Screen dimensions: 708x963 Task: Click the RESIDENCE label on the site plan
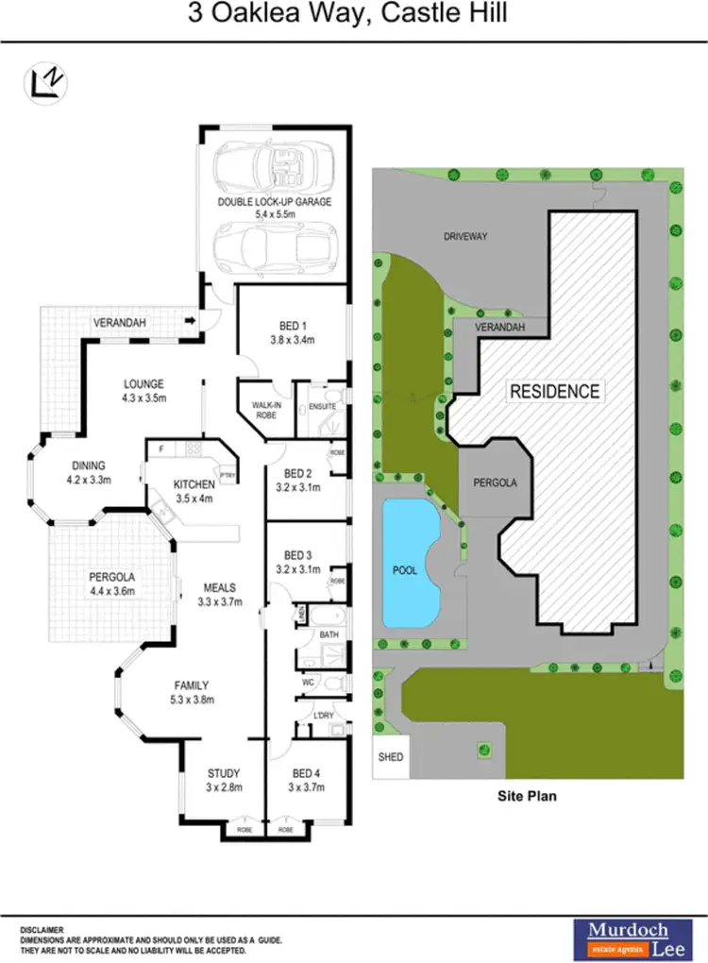(554, 391)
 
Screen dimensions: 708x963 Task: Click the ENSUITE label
(322, 407)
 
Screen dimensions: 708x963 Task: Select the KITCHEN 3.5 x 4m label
(195, 491)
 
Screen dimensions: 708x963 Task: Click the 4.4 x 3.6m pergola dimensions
(112, 592)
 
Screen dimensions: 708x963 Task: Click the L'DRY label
(325, 716)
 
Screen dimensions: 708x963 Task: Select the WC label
(308, 681)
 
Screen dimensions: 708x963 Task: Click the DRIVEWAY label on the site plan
(465, 236)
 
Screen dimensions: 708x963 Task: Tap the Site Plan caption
(527, 796)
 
